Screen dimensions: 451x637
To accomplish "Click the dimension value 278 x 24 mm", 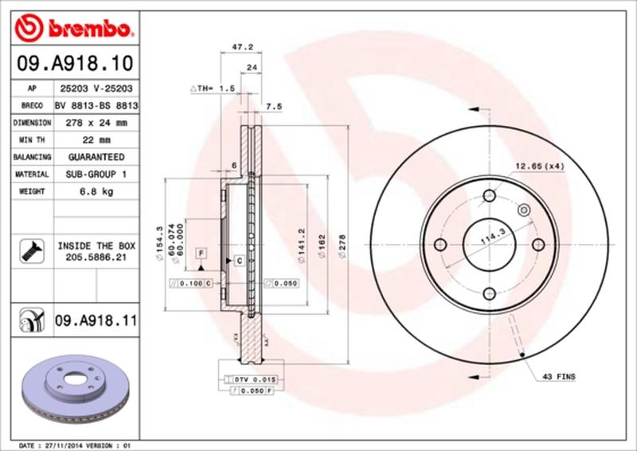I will (96, 123).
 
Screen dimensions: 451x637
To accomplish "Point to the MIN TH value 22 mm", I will (96, 140).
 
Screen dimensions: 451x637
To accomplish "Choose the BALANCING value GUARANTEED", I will (96, 157).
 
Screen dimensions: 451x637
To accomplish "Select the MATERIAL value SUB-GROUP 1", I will (96, 175).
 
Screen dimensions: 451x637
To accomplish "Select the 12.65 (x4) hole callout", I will (539, 167).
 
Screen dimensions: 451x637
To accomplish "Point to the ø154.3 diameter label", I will (160, 240).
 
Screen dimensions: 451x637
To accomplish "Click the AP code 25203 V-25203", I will (96, 88).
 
